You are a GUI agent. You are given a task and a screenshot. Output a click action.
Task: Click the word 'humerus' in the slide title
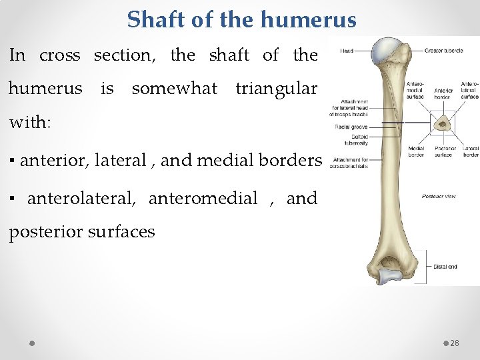(x=309, y=19)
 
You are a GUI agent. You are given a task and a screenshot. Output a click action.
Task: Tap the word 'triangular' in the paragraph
(x=276, y=88)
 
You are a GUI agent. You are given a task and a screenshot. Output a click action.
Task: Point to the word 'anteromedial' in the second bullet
(x=203, y=198)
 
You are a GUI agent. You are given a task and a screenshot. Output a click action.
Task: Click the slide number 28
(x=455, y=343)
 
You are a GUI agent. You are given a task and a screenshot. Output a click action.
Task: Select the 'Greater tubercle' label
(x=444, y=51)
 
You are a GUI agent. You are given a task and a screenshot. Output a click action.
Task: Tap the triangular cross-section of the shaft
(x=441, y=122)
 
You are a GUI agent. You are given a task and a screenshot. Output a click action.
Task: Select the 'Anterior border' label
(x=443, y=93)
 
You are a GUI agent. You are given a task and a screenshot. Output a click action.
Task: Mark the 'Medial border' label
(x=416, y=151)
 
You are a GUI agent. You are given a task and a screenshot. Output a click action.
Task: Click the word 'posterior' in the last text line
(x=43, y=232)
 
